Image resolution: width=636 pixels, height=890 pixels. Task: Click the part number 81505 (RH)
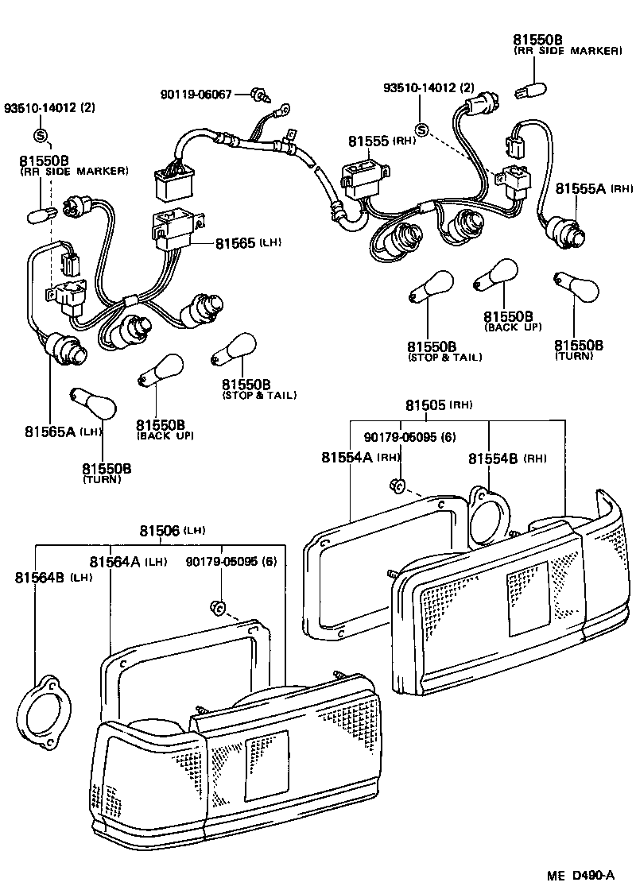tap(438, 405)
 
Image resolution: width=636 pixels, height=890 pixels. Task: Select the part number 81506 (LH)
tap(172, 530)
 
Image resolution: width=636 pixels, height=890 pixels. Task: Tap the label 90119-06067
tap(196, 94)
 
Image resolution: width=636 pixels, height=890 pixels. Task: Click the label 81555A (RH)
tap(593, 188)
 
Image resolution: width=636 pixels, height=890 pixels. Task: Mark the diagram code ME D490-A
tap(580, 876)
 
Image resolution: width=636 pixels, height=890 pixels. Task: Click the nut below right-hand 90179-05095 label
tap(399, 486)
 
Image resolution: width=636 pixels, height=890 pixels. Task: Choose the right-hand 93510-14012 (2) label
tap(429, 87)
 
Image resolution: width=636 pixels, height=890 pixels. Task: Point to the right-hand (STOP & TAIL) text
tap(444, 358)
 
